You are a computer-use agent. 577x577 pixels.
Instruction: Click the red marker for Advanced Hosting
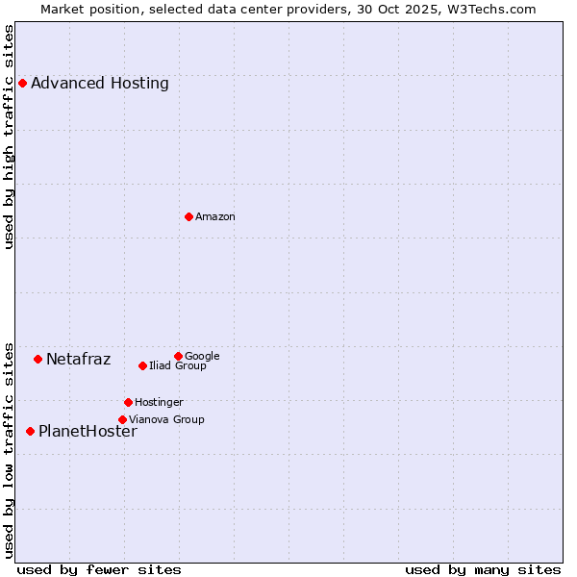click(22, 84)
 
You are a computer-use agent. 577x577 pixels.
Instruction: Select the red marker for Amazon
click(188, 217)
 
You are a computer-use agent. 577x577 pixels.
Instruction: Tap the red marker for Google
click(178, 357)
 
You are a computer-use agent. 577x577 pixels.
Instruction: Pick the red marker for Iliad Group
click(142, 366)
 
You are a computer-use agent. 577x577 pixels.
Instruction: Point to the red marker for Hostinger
click(128, 403)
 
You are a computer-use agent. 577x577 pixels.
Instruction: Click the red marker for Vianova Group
click(122, 420)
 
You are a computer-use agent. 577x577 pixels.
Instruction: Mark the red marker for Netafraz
click(38, 360)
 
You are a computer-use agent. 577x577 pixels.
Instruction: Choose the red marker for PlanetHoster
click(30, 432)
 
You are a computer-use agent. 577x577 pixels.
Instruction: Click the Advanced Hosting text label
click(100, 84)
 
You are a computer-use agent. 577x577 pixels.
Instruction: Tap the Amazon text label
click(215, 217)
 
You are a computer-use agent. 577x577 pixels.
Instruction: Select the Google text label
click(202, 357)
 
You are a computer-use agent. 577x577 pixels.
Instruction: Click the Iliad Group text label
click(178, 366)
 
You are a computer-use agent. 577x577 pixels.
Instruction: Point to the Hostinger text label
click(159, 403)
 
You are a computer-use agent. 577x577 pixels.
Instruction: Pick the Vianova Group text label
click(166, 420)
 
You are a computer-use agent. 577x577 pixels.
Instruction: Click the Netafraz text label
click(79, 360)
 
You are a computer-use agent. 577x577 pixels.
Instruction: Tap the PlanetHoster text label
click(88, 432)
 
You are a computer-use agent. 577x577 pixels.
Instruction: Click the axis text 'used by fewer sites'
click(99, 569)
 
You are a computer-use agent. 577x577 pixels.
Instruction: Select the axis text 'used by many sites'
click(483, 569)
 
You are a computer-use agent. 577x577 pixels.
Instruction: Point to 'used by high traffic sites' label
click(10, 137)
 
